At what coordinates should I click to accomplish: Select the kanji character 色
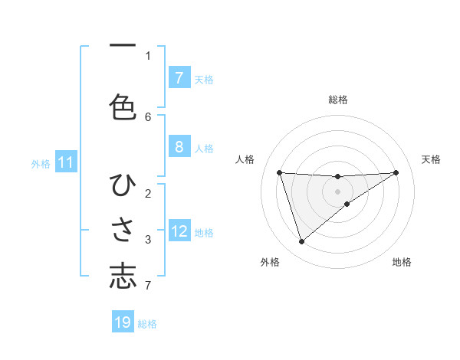(x=123, y=106)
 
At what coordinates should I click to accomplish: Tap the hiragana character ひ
(x=123, y=186)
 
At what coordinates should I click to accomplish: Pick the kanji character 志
(x=123, y=276)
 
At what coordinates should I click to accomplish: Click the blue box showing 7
(x=179, y=77)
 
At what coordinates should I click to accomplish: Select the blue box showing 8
(x=179, y=147)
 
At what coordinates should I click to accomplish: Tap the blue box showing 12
(x=179, y=231)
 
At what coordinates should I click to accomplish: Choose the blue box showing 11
(x=65, y=162)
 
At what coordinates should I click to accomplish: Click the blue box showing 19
(x=123, y=322)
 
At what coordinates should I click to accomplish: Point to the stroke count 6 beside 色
(x=148, y=116)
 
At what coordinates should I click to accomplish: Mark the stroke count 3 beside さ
(x=148, y=240)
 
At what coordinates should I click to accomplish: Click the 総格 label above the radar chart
(x=338, y=100)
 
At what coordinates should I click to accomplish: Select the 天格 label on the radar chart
(x=432, y=159)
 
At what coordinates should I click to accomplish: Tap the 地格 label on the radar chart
(x=402, y=262)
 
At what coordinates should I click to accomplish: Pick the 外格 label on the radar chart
(x=270, y=262)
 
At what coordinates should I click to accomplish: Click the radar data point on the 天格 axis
(x=396, y=172)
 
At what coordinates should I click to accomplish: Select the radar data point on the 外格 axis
(x=301, y=241)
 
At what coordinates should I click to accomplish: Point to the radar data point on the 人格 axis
(x=280, y=172)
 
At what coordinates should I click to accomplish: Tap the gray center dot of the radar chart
(x=338, y=191)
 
